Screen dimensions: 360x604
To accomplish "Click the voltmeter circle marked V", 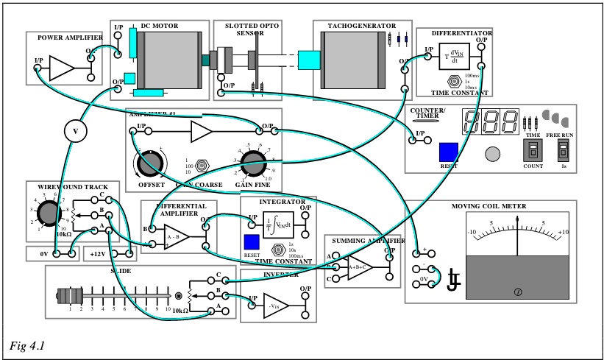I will [x=74, y=131].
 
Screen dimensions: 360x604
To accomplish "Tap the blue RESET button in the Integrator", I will [x=252, y=241].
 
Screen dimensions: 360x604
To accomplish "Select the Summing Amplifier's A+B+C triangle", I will [x=359, y=268].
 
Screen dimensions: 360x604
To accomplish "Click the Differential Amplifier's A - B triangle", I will [x=177, y=237].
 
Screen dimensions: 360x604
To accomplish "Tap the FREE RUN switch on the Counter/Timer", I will [x=564, y=152].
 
